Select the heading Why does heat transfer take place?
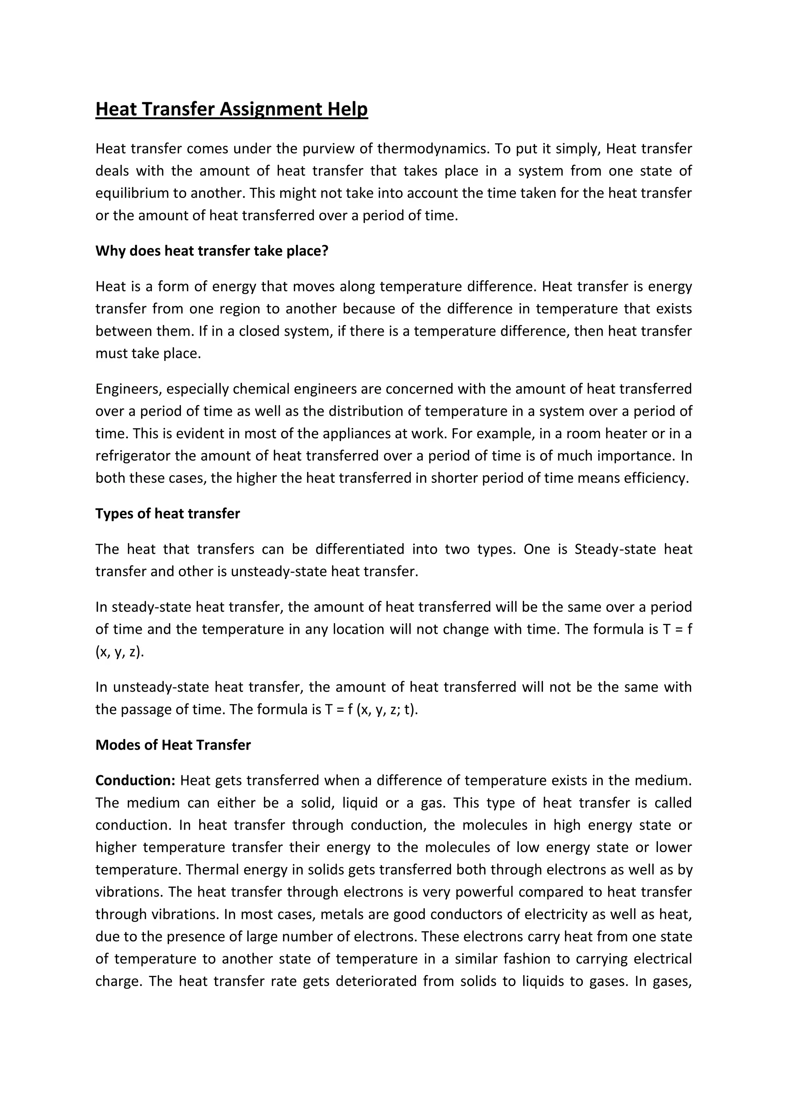tap(212, 251)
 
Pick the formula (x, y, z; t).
tap(387, 709)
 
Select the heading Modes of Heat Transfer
tap(173, 745)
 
